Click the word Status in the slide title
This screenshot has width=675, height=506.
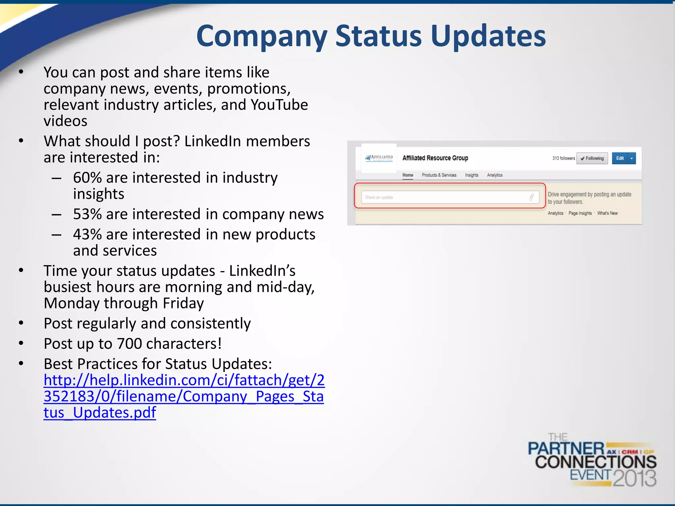(378, 36)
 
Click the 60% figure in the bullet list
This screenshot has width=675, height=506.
(87, 178)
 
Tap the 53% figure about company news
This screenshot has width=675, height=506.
(87, 214)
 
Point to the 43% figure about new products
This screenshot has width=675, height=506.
(87, 235)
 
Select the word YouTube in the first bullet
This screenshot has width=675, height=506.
(279, 105)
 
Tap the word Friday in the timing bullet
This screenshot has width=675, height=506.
(183, 303)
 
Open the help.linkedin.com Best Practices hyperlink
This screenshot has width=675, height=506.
(184, 396)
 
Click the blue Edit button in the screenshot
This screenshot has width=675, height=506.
(620, 158)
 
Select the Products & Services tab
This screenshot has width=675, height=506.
(439, 175)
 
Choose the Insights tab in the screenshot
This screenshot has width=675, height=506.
(472, 175)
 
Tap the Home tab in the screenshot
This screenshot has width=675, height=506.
(408, 175)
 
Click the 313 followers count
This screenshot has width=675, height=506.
(563, 158)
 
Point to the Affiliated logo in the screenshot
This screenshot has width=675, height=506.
(379, 158)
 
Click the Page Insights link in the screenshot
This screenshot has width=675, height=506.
(580, 213)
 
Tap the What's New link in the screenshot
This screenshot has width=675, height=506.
(607, 213)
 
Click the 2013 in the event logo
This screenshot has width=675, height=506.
(635, 478)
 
